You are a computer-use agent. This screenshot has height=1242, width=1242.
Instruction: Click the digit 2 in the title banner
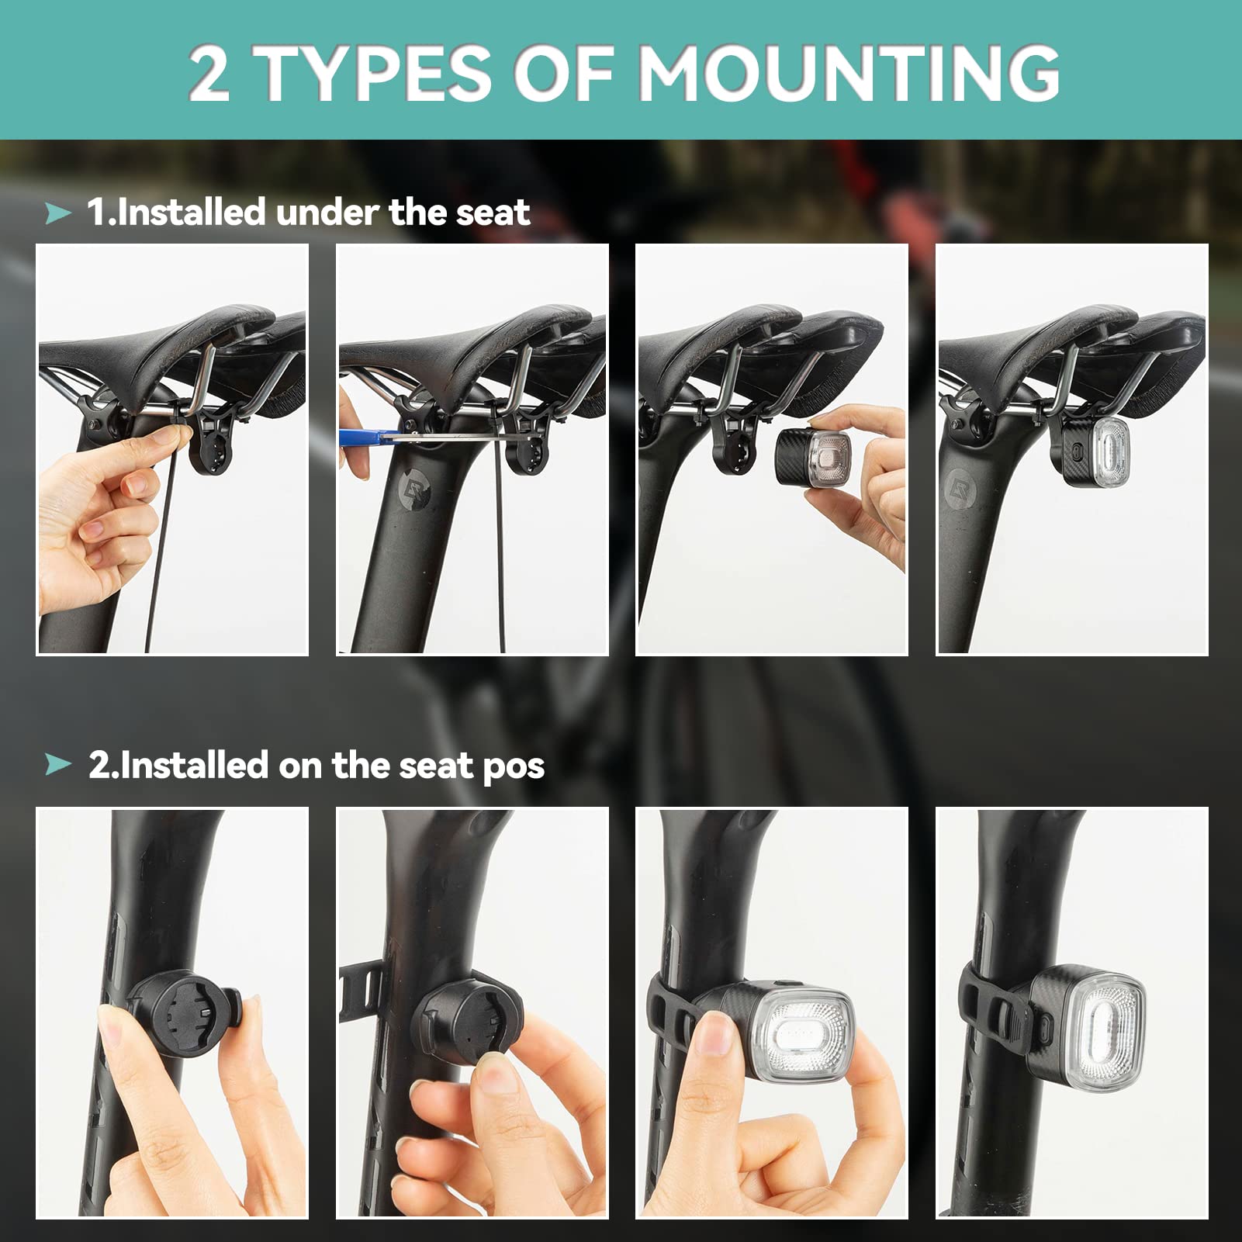pyautogui.click(x=209, y=73)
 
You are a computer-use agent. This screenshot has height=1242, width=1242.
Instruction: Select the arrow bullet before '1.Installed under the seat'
pyautogui.click(x=58, y=213)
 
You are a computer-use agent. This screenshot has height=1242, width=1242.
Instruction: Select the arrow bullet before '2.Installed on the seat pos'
pyautogui.click(x=58, y=765)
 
